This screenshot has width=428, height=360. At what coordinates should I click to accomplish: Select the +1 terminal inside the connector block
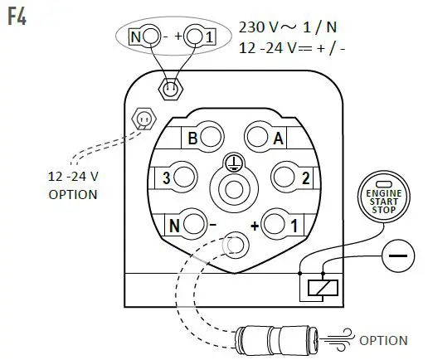[x=281, y=223]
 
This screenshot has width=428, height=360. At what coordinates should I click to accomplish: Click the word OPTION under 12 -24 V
[x=73, y=195]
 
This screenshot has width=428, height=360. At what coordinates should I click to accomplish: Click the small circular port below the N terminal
[x=235, y=243]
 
